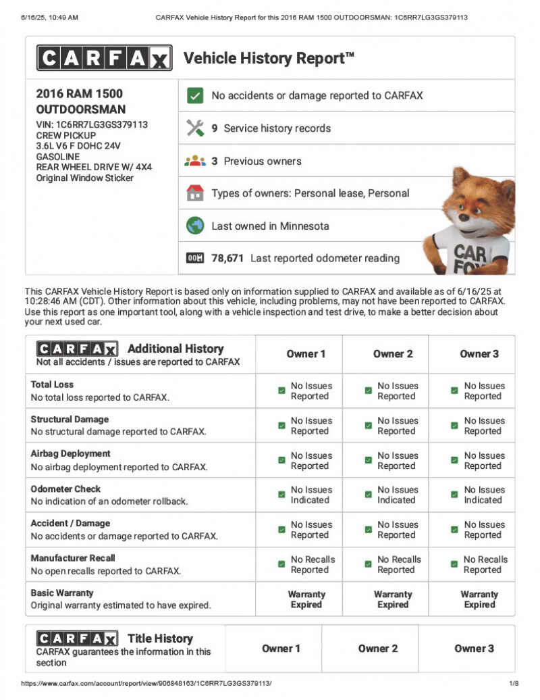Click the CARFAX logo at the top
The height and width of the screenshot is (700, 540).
click(x=104, y=58)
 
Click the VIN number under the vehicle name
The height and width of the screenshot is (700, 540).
click(x=92, y=124)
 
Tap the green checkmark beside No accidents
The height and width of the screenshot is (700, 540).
click(x=195, y=95)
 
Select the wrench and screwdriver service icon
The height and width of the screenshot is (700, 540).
click(x=195, y=128)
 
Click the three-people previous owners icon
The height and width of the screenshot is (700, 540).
click(x=195, y=161)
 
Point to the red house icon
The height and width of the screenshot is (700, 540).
click(x=195, y=193)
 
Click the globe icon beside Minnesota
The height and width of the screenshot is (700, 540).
click(x=195, y=226)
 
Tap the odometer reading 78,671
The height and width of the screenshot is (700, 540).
click(x=227, y=258)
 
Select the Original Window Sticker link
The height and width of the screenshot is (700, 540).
click(x=84, y=178)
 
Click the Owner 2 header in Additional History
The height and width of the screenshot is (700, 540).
click(x=393, y=354)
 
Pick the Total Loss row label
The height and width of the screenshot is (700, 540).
click(x=52, y=384)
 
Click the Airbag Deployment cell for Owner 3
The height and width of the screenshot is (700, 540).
click(x=477, y=461)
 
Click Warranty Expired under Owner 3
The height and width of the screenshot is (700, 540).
click(x=479, y=599)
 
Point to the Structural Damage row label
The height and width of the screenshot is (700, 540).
click(x=70, y=419)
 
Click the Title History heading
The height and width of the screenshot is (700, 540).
click(x=160, y=638)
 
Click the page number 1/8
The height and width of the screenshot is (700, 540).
click(x=513, y=683)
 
